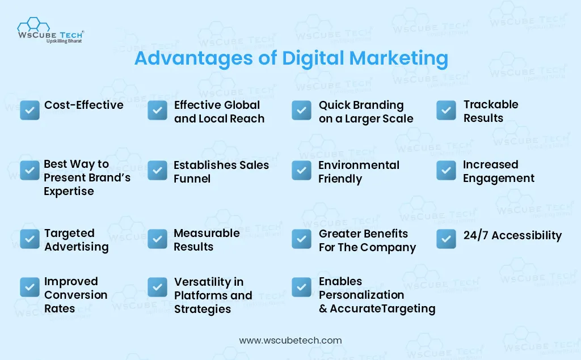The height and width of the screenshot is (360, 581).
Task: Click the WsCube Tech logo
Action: [x=50, y=31]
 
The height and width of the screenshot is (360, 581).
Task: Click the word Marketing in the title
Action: [x=399, y=58]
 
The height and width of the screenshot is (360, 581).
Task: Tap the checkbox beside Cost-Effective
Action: [x=30, y=111]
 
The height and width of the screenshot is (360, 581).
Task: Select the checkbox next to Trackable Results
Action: [x=446, y=111]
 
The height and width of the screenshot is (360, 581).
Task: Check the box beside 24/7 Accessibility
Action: [x=446, y=239]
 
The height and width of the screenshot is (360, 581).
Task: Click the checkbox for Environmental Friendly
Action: [x=302, y=171]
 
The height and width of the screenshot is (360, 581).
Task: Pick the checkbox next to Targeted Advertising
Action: [x=30, y=239]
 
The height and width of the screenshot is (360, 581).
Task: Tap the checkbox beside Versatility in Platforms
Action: [x=158, y=287]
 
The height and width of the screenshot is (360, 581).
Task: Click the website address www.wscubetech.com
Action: [x=290, y=340]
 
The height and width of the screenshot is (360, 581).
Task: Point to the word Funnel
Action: [x=192, y=179]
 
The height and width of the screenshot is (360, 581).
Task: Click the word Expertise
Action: [x=69, y=192]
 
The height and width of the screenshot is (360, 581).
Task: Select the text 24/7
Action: [x=476, y=235]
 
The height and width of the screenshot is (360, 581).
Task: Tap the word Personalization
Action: [x=361, y=295]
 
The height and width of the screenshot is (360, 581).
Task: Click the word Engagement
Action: [x=499, y=179]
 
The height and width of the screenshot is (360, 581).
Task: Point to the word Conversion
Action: [x=76, y=295]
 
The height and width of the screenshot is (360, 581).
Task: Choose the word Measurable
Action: [x=207, y=233]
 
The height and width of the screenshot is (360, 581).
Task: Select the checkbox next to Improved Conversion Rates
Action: [x=30, y=287]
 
